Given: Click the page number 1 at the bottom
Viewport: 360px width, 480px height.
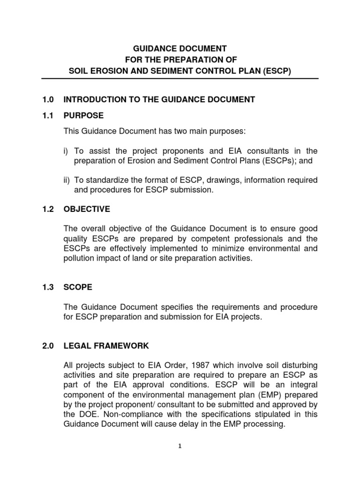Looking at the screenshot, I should [x=180, y=446].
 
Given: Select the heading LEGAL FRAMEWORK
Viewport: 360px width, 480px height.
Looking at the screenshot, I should [x=106, y=346].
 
